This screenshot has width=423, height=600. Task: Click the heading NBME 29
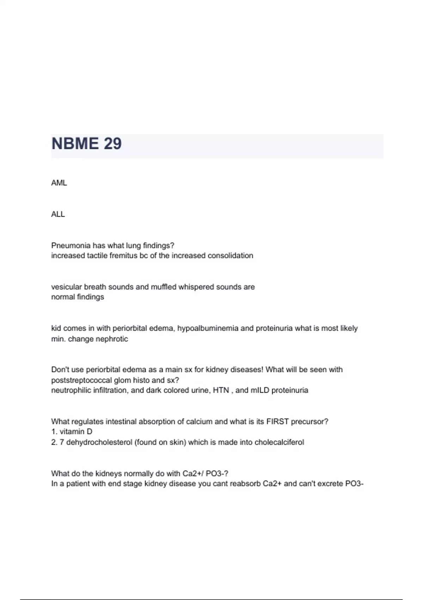click(x=86, y=144)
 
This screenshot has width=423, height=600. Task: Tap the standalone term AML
click(x=59, y=183)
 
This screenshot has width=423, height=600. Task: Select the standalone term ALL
click(x=58, y=214)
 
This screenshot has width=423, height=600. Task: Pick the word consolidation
click(x=230, y=256)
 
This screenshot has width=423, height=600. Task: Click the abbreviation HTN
click(x=221, y=390)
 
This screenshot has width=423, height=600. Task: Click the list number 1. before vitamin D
click(x=54, y=432)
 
